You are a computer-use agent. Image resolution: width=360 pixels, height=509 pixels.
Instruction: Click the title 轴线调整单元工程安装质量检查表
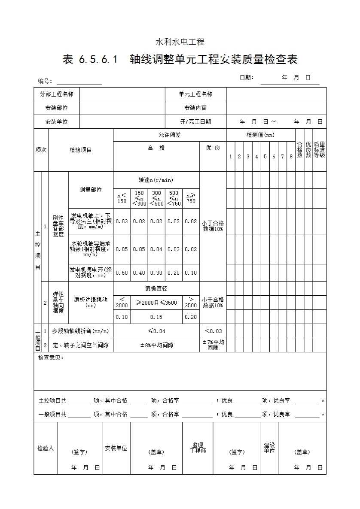[180, 60]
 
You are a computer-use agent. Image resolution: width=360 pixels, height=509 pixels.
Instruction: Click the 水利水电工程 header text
[180, 42]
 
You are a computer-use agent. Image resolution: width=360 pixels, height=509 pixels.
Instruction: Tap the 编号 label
[45, 81]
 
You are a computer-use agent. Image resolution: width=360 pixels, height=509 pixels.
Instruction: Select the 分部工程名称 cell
[57, 94]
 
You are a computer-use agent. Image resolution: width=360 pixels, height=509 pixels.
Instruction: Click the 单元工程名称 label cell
[195, 94]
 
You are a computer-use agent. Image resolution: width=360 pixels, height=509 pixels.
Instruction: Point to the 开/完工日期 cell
[195, 122]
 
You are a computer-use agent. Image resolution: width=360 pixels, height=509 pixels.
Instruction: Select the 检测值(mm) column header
[260, 135]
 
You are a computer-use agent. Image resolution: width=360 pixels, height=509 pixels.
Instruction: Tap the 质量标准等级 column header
[319, 150]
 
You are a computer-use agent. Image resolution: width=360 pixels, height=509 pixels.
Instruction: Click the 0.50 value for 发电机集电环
[122, 273]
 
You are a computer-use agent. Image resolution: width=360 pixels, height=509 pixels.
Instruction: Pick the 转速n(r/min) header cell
[156, 180]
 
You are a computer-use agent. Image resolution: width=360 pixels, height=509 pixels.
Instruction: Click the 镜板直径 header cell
[156, 288]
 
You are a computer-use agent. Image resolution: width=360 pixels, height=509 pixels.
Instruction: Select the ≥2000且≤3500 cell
[156, 303]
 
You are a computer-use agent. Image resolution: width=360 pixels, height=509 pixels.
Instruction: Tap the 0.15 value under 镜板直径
[156, 317]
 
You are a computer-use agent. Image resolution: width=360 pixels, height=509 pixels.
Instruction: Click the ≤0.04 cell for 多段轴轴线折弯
[156, 331]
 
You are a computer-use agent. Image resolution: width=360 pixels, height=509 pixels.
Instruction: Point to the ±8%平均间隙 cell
[156, 345]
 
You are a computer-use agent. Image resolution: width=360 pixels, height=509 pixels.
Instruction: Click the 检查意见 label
[51, 358]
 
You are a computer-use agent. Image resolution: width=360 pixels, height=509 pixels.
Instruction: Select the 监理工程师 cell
[198, 448]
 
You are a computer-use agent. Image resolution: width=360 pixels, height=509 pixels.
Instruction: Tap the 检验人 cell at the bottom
[46, 448]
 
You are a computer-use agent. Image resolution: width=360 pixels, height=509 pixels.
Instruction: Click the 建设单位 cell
[269, 448]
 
